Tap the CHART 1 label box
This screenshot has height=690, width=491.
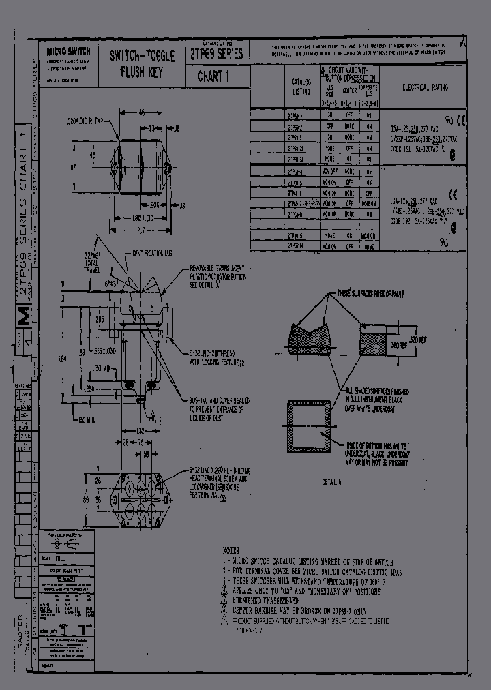[212, 76]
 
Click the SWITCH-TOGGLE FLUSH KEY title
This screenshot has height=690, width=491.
[142, 64]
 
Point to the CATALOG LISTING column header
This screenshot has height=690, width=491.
[301, 87]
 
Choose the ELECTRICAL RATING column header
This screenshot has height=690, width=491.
[424, 88]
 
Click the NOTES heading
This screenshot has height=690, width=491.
[232, 550]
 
